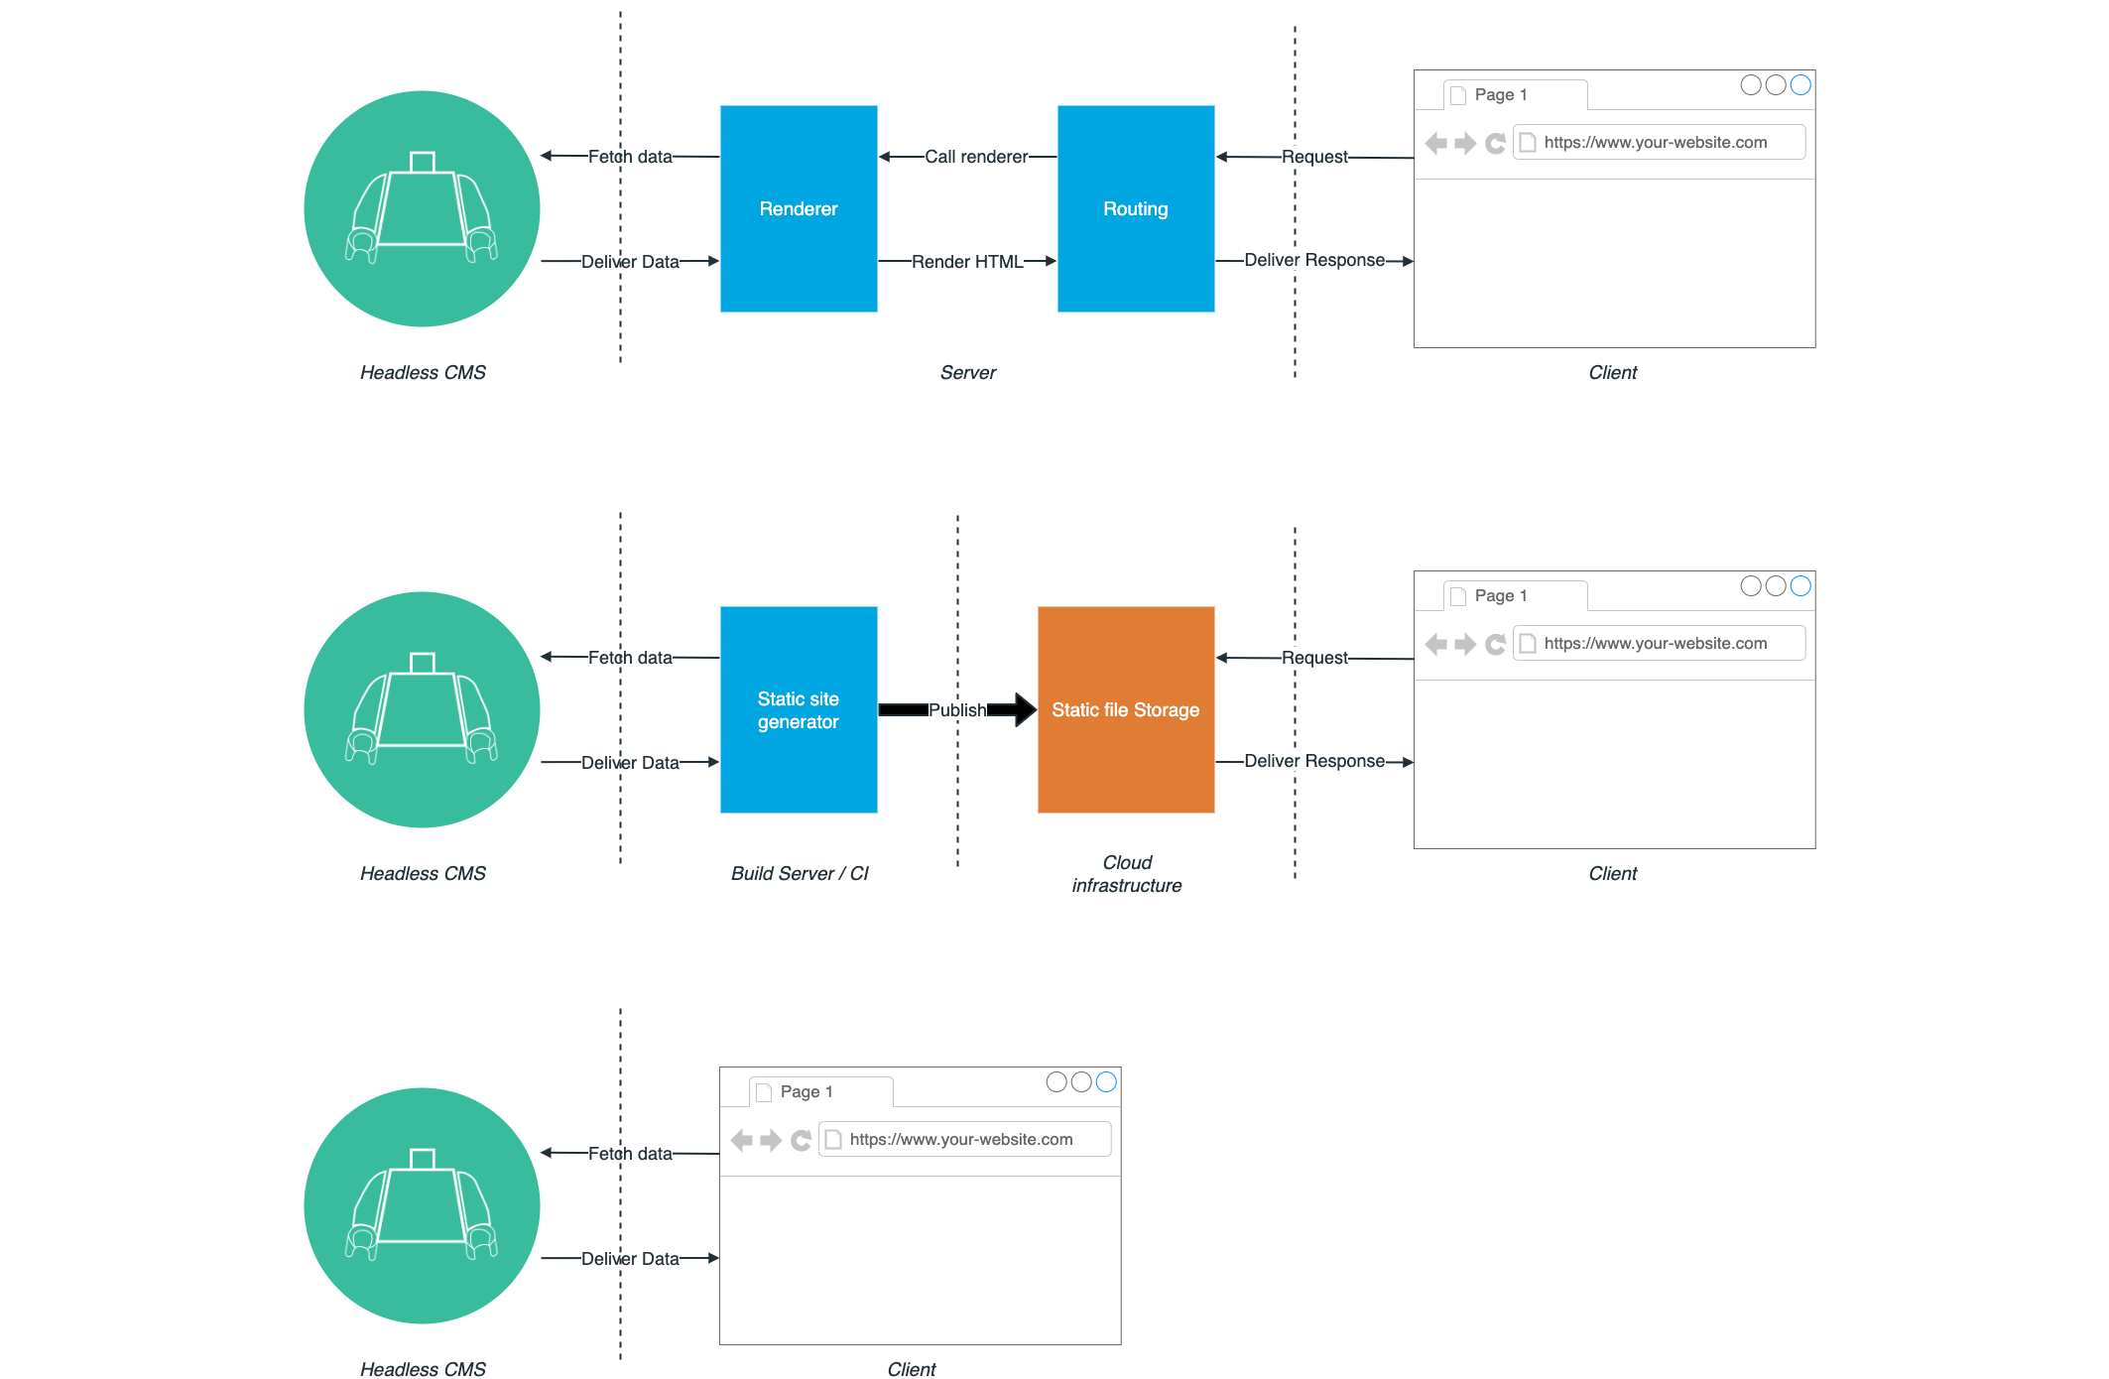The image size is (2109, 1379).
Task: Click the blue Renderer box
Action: click(799, 208)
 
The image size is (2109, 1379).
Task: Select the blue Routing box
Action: click(1136, 208)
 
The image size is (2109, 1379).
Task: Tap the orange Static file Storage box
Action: click(1126, 709)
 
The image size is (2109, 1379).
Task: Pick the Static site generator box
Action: click(799, 709)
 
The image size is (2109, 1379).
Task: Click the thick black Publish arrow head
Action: click(1024, 709)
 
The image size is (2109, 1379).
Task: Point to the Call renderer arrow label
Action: click(976, 157)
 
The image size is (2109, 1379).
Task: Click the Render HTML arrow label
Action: click(967, 262)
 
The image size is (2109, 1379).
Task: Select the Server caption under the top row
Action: click(967, 373)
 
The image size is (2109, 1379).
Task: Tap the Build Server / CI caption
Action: click(800, 874)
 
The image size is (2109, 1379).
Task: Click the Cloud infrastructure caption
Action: click(1127, 874)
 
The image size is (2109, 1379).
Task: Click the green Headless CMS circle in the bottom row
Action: click(423, 1205)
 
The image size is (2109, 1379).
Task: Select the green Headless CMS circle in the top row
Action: click(423, 208)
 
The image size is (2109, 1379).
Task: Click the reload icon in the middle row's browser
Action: click(1496, 644)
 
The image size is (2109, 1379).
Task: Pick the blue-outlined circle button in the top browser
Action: click(1800, 85)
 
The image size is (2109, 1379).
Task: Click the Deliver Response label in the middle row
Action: click(1314, 761)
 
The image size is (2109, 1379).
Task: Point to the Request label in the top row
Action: click(1314, 157)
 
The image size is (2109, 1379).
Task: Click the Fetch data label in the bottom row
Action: click(630, 1154)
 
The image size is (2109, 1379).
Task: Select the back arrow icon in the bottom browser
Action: click(741, 1140)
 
